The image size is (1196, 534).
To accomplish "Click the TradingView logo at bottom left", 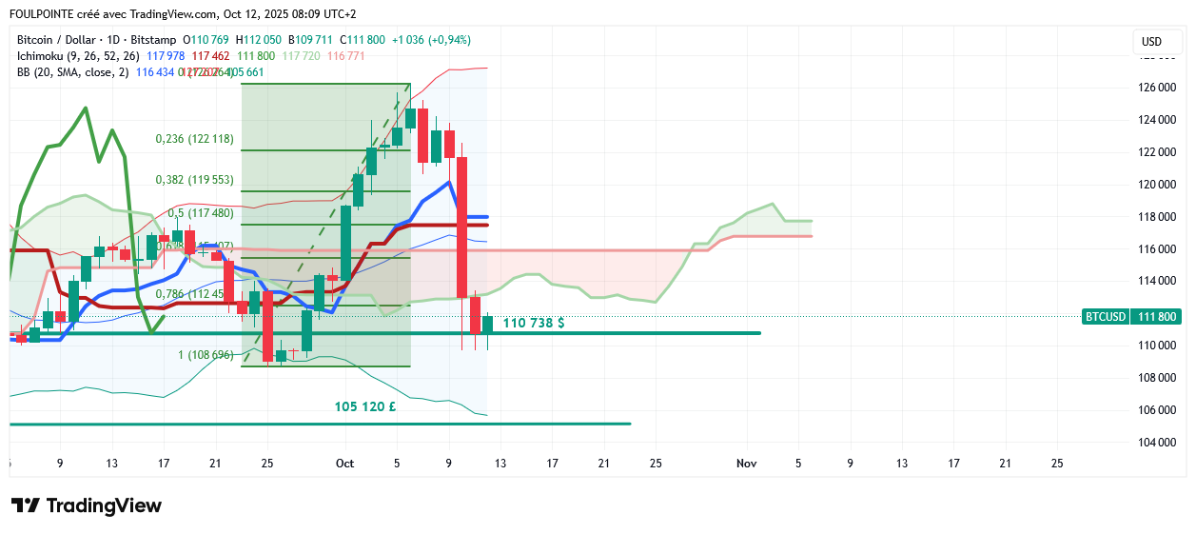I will click(86, 505).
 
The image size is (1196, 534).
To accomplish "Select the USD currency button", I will click(1151, 42).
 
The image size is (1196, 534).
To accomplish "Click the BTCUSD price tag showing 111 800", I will click(1131, 317).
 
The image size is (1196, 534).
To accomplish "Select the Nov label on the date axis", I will click(747, 464).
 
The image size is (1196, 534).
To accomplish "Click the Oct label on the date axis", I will click(344, 464).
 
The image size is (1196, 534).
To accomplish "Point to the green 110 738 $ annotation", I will click(534, 324).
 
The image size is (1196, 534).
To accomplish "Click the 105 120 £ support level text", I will click(365, 406).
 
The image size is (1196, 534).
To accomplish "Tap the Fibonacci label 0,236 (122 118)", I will click(194, 139).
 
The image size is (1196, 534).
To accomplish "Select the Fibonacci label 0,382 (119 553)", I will click(194, 180).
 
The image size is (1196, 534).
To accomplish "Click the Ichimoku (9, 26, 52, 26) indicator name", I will click(78, 56).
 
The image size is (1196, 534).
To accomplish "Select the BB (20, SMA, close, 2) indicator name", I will click(72, 72).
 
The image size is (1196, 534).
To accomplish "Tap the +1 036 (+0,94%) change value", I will click(431, 40).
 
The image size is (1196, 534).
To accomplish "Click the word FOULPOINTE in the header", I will click(42, 14).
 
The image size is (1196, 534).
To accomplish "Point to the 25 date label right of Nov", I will click(1056, 464).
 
